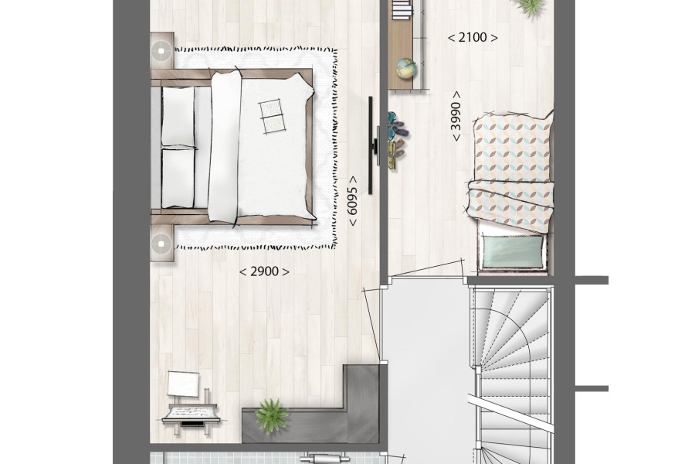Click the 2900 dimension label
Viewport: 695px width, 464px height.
pos(265,271)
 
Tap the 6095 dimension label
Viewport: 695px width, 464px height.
pos(352,201)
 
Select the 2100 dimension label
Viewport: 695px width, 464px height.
pos(473,38)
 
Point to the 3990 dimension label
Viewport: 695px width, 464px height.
pos(456,116)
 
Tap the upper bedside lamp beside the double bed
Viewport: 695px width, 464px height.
pos(161,51)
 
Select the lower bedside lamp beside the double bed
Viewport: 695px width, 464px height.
pos(161,244)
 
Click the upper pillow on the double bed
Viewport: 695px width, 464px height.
pos(178,116)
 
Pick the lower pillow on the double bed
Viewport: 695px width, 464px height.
pos(178,178)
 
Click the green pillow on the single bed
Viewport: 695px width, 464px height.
pos(513,251)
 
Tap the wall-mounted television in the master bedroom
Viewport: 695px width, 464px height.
pos(371,145)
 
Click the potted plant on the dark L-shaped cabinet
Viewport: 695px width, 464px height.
pos(272,415)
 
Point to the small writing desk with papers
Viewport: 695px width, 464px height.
pos(191,414)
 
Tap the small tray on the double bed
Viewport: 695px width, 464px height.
pos(271,115)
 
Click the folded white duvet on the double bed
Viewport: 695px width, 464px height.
pos(225,145)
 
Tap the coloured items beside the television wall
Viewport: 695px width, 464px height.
pos(396,140)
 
